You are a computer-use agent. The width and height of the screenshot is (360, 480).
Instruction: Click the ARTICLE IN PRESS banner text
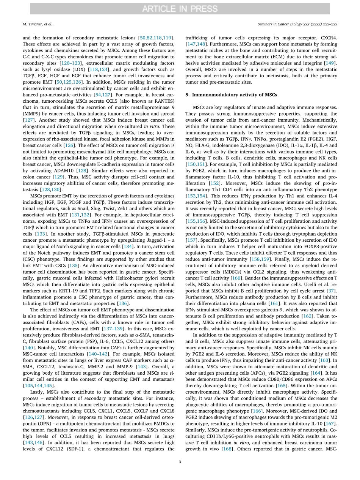pyautogui.click(x=180, y=9)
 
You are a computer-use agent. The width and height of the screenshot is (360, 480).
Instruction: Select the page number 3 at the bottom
pyautogui.click(x=180, y=461)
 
